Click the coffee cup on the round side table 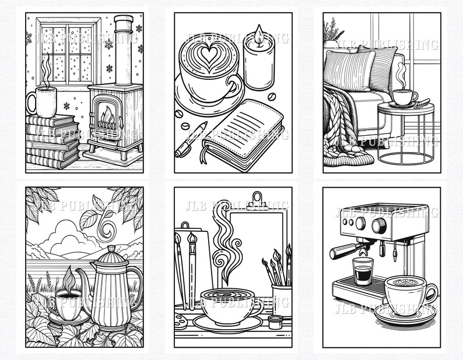coord(404,97)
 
